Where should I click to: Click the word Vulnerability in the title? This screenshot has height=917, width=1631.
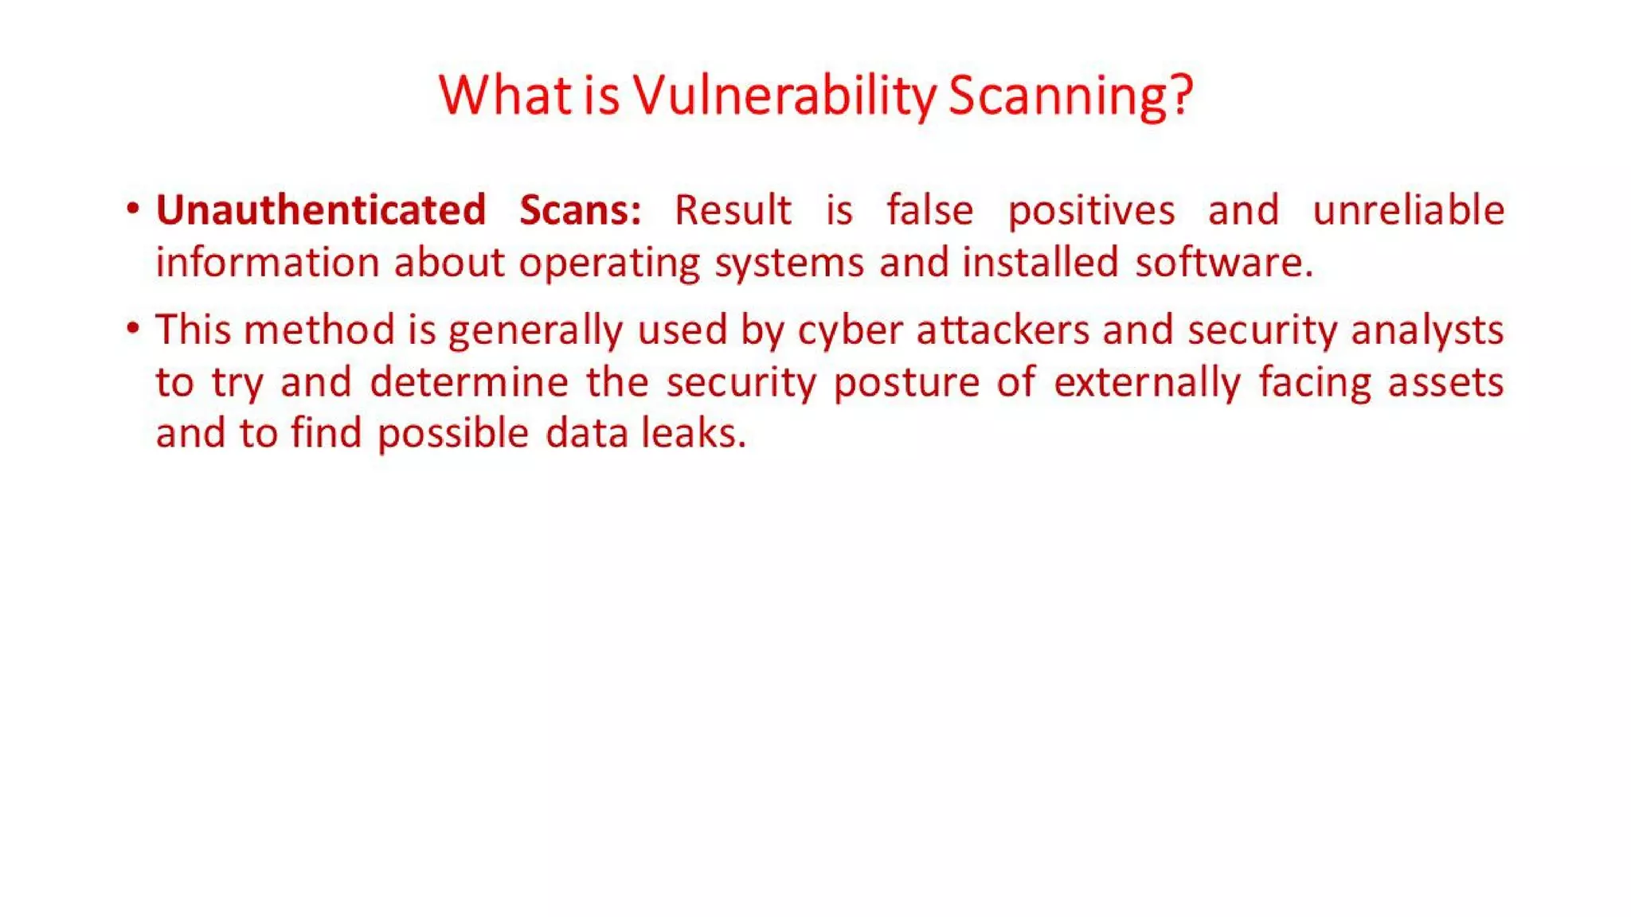785,95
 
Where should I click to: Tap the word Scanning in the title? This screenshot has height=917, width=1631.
1070,95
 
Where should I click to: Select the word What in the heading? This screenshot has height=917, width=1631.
504,95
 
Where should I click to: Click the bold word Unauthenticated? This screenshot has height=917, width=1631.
321,210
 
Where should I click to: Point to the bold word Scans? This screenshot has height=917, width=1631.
580,210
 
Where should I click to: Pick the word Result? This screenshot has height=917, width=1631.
733,210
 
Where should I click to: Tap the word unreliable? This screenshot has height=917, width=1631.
1408,210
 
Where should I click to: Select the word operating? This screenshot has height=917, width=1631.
609,263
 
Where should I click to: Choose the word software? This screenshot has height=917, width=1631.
1223,262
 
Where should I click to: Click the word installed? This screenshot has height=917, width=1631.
1040,262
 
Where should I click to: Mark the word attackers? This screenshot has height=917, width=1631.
1003,330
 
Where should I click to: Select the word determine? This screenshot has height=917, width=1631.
469,381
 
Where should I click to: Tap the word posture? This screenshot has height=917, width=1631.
906,383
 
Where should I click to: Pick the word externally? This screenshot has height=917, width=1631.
1147,383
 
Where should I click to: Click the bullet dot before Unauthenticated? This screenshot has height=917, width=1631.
133,209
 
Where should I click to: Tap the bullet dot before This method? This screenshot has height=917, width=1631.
133,328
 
